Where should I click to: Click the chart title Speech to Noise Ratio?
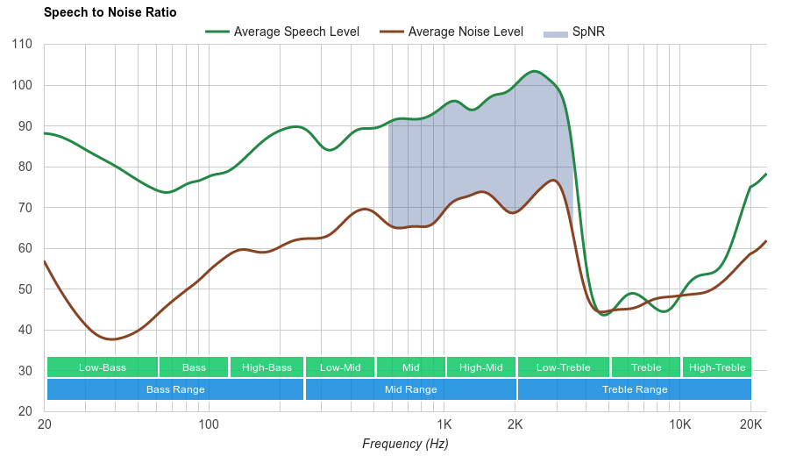110,12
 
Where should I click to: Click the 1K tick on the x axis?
444,424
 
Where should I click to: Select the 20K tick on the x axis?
750,424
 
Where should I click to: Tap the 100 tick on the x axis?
208,424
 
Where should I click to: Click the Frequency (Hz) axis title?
405,444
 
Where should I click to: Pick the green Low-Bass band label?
102,367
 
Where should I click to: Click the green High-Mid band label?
481,367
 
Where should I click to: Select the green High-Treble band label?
717,367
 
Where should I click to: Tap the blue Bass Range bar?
175,389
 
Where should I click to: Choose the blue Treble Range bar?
635,389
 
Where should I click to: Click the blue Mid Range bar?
410,389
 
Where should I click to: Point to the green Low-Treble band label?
564,367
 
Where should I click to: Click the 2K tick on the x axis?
515,424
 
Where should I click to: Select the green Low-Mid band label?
340,367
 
